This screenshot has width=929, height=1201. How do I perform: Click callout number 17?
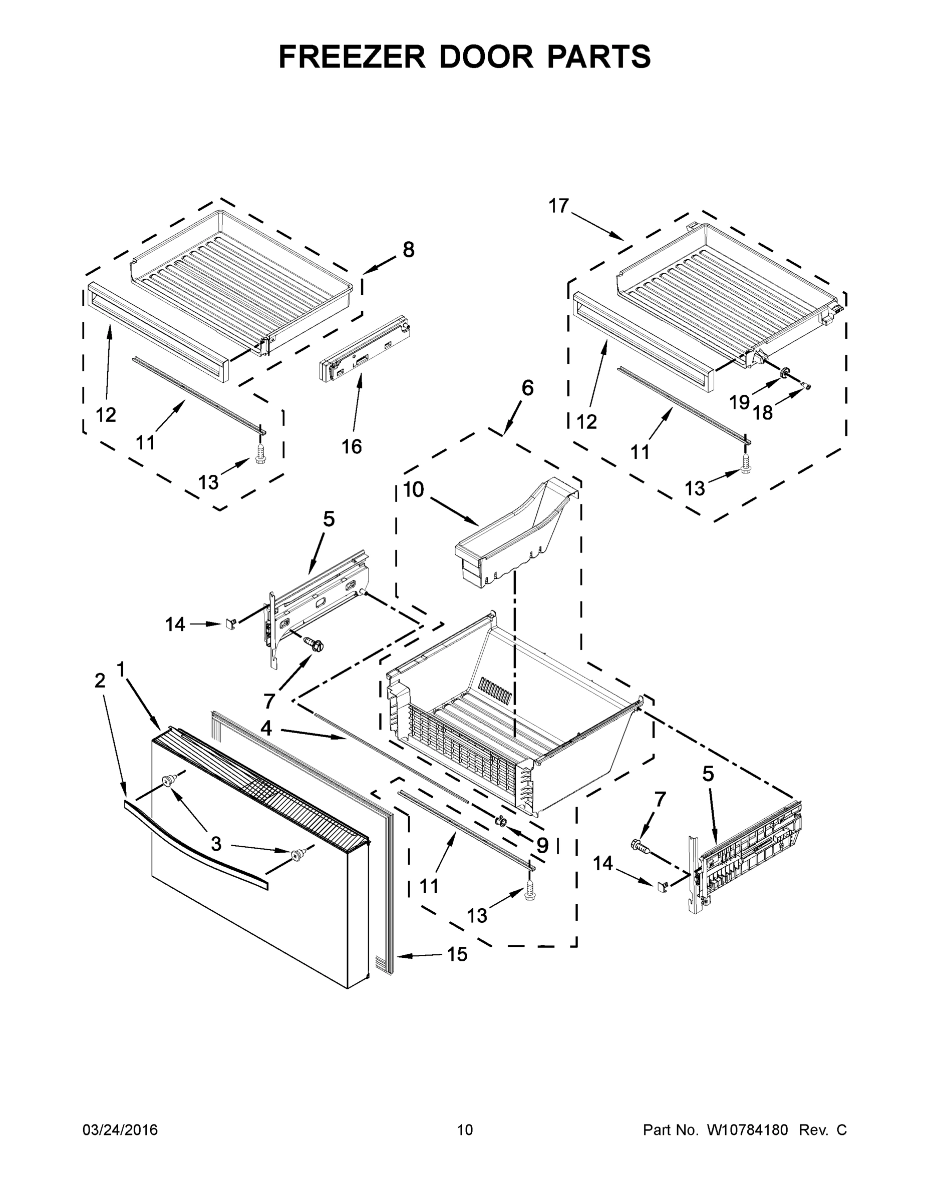pos(558,206)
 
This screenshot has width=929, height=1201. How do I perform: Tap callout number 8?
pos(408,250)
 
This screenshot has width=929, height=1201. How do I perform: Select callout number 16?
pos(352,446)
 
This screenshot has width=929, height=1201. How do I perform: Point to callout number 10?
pos(414,489)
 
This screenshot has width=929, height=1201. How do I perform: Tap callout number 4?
pos(266,729)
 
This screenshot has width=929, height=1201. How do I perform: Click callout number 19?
pos(739,402)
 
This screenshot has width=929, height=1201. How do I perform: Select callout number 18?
pos(763,412)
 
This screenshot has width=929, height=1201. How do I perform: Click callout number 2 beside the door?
pos(100,681)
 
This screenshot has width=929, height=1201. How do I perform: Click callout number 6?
pos(527,388)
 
